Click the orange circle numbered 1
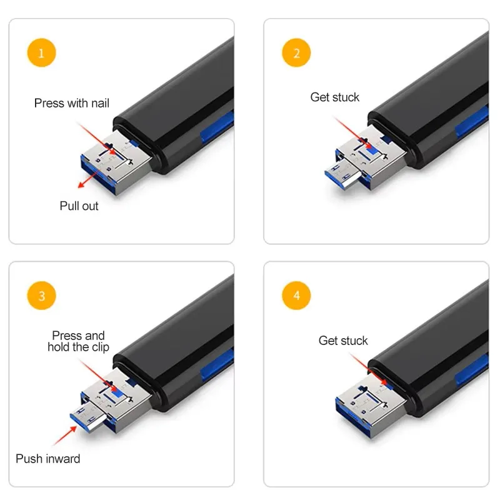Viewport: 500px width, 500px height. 42,53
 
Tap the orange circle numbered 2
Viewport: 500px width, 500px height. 297,53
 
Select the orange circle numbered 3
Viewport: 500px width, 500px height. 42,296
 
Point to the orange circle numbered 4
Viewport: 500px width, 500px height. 297,296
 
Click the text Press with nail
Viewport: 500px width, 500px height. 71,103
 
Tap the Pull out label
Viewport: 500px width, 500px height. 79,206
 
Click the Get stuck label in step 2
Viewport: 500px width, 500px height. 335,97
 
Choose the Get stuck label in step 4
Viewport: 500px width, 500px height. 343,341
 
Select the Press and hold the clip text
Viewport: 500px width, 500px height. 78,341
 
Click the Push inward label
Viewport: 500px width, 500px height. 48,459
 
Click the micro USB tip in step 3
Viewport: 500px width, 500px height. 87,417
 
